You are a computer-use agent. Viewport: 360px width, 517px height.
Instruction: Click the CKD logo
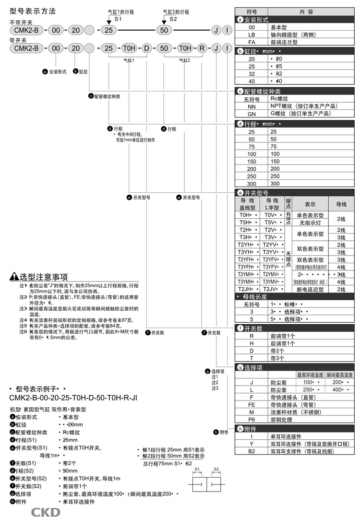coord(46,512)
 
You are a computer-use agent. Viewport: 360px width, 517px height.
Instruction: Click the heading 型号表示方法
coord(33,10)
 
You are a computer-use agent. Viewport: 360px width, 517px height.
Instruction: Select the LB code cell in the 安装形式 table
coord(252,35)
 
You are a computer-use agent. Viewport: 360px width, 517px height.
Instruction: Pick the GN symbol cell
coord(252,114)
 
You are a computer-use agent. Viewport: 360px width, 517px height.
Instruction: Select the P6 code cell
coord(252,419)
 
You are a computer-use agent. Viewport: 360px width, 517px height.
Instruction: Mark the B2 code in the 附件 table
coord(252,451)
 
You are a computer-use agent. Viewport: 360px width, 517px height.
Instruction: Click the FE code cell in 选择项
coord(252,404)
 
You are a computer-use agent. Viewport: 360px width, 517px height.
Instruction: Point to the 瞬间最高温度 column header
coord(339,375)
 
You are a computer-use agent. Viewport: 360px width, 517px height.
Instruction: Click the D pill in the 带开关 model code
coord(147,48)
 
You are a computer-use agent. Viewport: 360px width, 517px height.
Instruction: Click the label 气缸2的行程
coord(176,12)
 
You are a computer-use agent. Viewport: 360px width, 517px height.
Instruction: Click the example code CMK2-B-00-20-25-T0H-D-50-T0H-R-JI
coord(73,398)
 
